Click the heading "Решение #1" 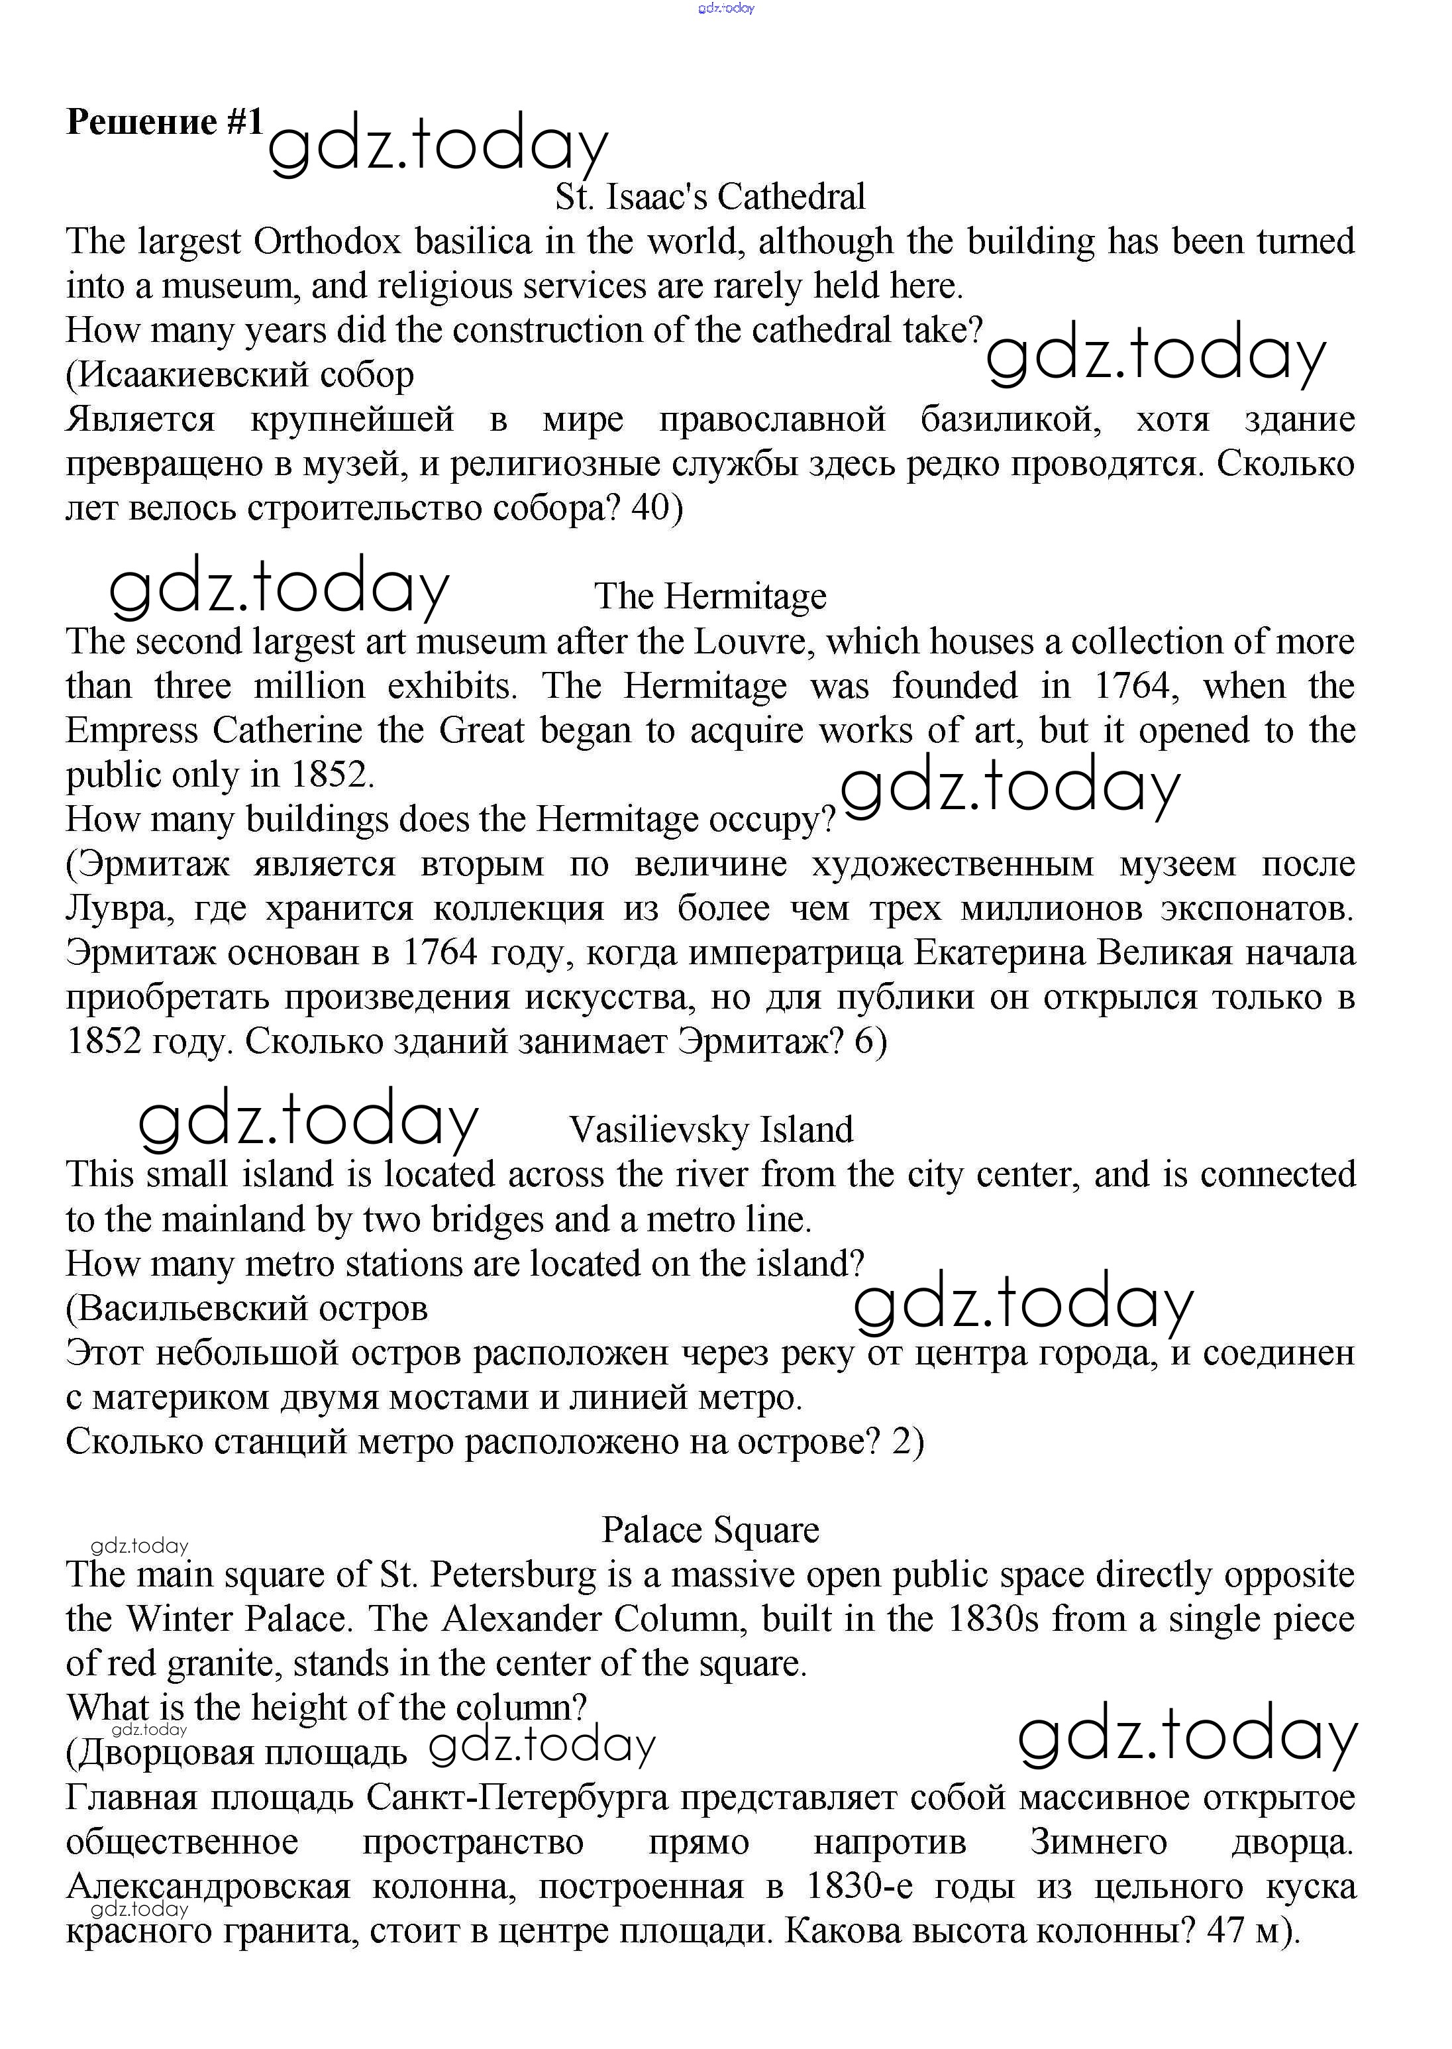[x=164, y=122]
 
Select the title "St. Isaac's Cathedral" [x=710, y=197]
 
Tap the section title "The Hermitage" [x=710, y=596]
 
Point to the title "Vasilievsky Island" [x=711, y=1131]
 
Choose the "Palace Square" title [x=710, y=1530]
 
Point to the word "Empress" [x=131, y=731]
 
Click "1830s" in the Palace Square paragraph [x=992, y=1619]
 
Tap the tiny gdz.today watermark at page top [x=726, y=8]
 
